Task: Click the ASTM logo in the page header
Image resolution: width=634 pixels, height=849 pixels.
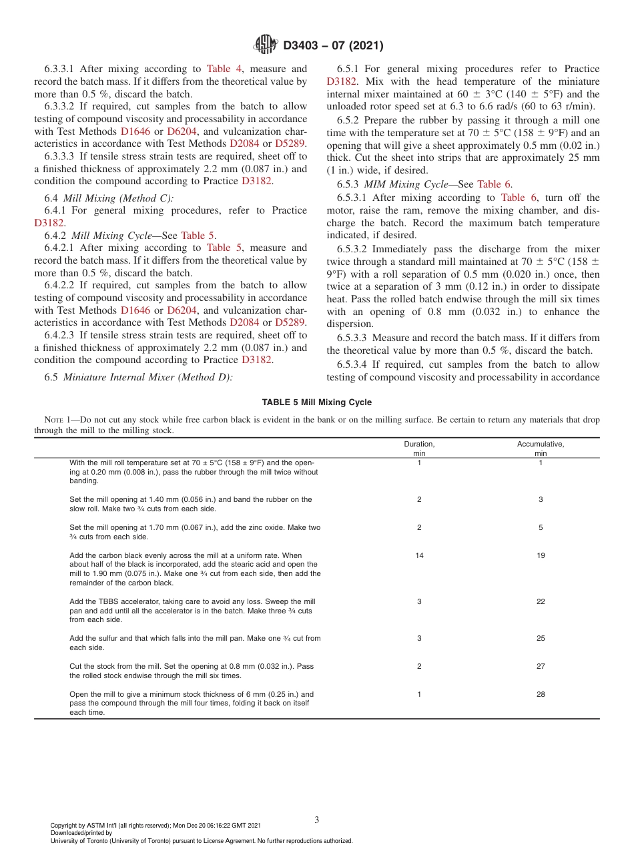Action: (266, 45)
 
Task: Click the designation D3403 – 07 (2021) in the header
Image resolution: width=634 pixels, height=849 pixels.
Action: (332, 46)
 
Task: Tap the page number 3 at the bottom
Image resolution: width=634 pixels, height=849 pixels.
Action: (316, 820)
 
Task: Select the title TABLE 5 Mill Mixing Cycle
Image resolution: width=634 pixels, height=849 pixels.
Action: (316, 402)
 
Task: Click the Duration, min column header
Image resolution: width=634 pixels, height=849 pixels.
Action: (419, 448)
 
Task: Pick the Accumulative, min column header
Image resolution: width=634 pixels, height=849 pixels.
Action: (541, 448)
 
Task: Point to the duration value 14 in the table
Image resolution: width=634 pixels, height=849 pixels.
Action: (419, 555)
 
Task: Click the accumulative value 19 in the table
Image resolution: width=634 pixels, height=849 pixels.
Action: (541, 555)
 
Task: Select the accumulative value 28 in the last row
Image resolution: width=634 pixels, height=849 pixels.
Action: (541, 694)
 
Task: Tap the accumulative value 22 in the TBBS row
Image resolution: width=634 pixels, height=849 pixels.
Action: (541, 601)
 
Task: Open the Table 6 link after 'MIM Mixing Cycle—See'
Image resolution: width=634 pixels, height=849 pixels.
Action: (494, 184)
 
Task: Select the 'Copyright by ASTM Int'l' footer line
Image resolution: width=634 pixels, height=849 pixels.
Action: (155, 826)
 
